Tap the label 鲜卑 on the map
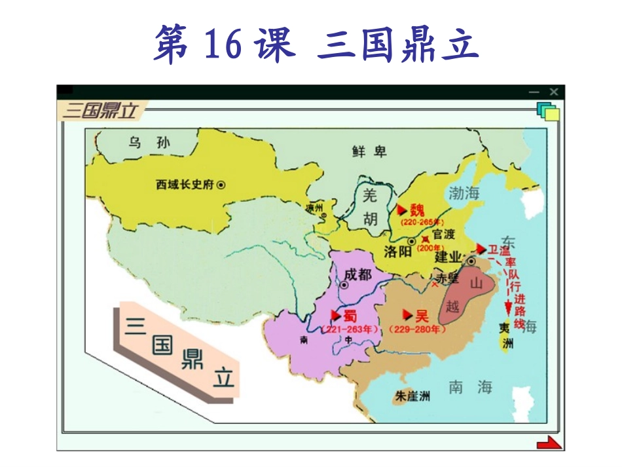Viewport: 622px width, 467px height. (369, 152)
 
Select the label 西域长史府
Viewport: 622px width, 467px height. (185, 185)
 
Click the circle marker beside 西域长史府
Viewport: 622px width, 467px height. (221, 185)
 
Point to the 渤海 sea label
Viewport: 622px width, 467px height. (464, 193)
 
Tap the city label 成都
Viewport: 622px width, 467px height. (357, 274)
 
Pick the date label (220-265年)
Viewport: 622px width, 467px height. (422, 222)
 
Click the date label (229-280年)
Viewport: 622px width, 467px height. (417, 329)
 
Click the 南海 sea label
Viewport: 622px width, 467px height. (470, 387)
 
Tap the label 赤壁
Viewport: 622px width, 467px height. (448, 278)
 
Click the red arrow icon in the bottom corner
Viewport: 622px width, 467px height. (549, 443)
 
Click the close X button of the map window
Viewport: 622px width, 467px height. (554, 92)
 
